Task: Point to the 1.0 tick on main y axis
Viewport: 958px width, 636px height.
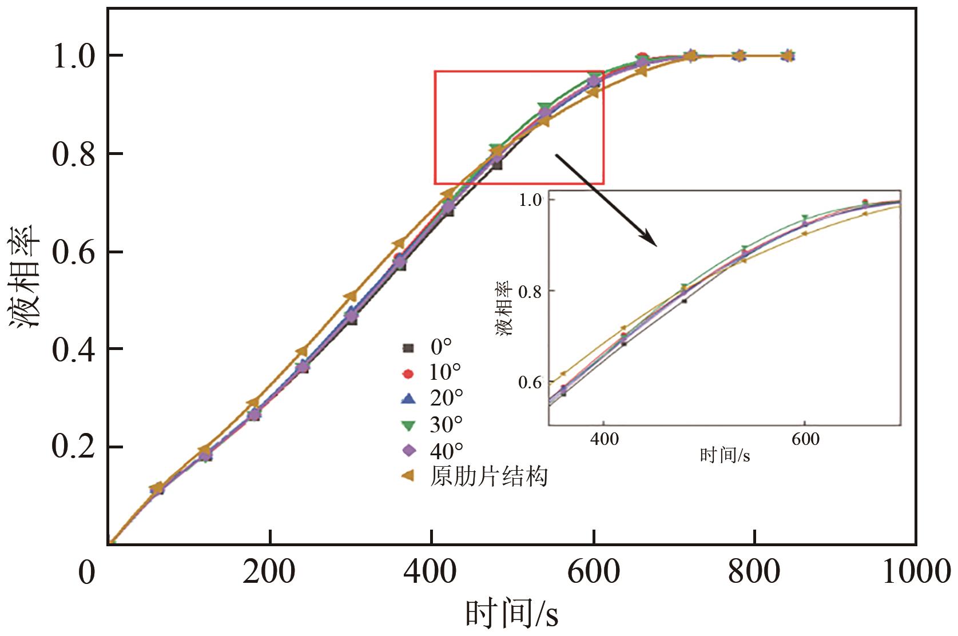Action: [74, 56]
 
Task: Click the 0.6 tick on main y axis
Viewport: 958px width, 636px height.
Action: [74, 252]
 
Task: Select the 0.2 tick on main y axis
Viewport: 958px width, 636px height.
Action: [74, 447]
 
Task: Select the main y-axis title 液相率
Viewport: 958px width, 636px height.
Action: [24, 276]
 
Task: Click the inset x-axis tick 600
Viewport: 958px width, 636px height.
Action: [805, 439]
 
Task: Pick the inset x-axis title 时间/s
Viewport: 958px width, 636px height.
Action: [725, 456]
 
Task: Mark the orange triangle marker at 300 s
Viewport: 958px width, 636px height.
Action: [351, 296]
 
